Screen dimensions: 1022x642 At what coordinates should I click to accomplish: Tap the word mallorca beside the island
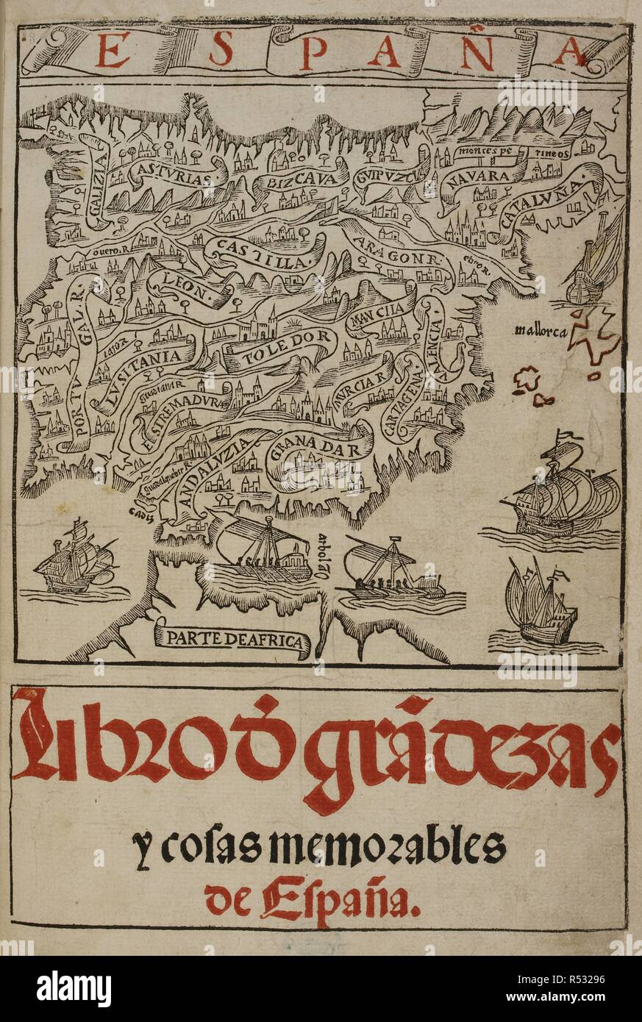click(541, 330)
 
